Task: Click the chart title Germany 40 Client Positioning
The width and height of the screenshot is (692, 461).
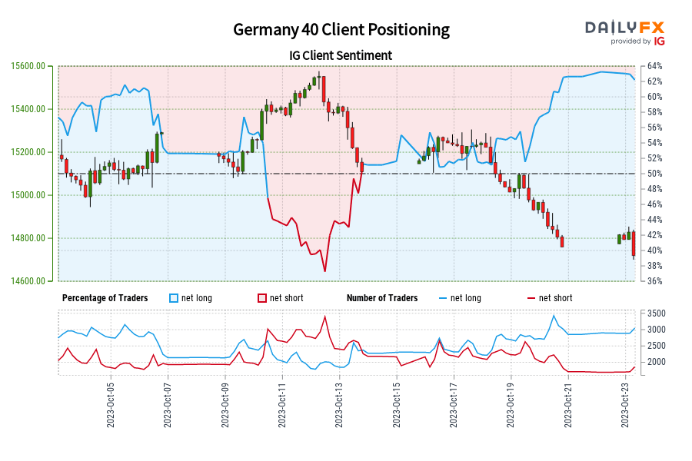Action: coord(341,29)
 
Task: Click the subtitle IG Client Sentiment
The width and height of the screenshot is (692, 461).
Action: coord(341,55)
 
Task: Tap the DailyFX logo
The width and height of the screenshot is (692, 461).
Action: coord(625,32)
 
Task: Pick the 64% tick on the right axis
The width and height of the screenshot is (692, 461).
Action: coord(654,66)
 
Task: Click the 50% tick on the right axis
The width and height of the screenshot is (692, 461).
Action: coord(654,174)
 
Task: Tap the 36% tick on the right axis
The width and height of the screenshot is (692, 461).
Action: coord(654,281)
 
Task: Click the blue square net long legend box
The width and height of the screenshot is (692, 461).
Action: coord(173,298)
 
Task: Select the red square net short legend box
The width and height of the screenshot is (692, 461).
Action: coord(262,298)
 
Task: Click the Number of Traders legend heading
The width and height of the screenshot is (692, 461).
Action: coord(382,298)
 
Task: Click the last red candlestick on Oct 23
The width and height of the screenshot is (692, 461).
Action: coord(634,244)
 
